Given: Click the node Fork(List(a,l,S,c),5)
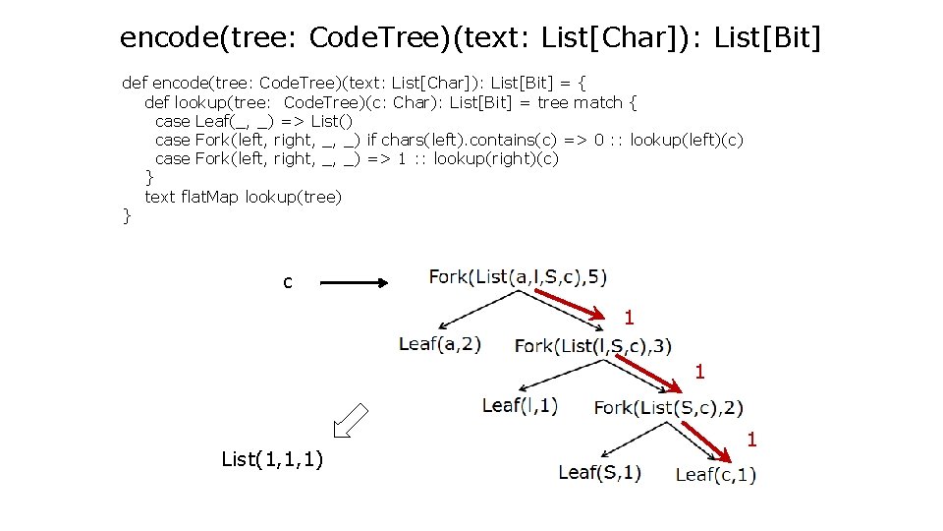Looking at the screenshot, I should point(517,276).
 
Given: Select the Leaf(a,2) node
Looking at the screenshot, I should point(440,344).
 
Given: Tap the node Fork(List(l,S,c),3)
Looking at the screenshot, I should point(593,345).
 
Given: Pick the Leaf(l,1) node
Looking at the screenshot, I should point(521,404).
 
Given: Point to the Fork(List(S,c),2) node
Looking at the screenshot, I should point(669,407).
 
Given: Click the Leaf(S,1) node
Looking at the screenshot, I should point(599,472).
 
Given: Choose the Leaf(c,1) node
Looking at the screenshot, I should point(716,475).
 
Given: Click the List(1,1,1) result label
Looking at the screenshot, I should point(274,458).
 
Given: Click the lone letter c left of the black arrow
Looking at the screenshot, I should point(287,283).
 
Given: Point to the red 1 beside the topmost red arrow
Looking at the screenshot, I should point(629,318).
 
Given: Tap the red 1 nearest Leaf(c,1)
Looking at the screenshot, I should point(751,440).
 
